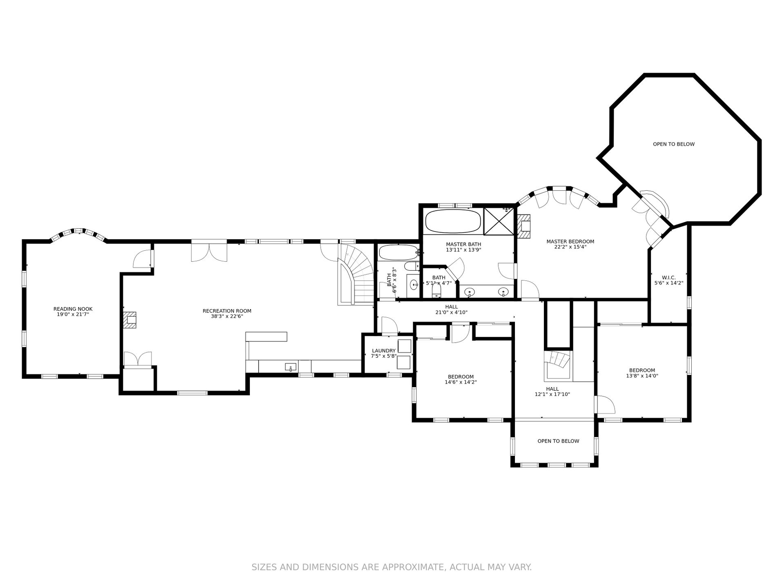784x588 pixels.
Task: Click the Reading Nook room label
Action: tap(73, 309)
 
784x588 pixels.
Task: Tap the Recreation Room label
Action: tap(227, 311)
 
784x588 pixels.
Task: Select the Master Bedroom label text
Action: tap(570, 241)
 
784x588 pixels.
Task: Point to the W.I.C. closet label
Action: tap(668, 277)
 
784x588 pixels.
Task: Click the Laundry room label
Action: tap(384, 350)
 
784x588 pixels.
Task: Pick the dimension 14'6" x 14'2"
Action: tap(461, 382)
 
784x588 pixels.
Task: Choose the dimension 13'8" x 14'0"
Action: tap(642, 376)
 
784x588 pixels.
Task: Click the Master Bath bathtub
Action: tap(453, 221)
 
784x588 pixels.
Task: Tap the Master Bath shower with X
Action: tap(499, 221)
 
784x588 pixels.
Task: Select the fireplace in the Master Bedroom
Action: tap(524, 226)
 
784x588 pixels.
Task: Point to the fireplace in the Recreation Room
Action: tap(130, 320)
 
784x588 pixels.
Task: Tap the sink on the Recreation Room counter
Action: tap(290, 367)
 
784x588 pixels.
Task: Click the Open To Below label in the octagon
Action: tap(674, 144)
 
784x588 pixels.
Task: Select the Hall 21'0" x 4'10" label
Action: tap(451, 310)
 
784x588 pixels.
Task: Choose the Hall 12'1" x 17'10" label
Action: tap(552, 392)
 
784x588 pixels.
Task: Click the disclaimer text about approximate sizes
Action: tap(392, 567)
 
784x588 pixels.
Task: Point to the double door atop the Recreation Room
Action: tap(209, 252)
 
